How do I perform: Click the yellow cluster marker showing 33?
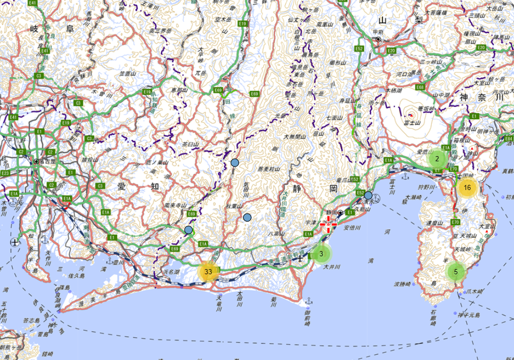[x=208, y=271]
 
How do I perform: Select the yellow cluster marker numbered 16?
[x=467, y=188]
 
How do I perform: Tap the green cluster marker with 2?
[x=437, y=159]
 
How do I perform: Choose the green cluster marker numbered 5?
[x=455, y=272]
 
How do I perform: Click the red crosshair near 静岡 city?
[x=328, y=224]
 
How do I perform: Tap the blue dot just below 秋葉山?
[x=247, y=217]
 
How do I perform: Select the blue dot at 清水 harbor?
[x=368, y=195]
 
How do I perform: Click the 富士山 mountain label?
[x=412, y=123]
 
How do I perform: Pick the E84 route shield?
[x=509, y=139]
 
